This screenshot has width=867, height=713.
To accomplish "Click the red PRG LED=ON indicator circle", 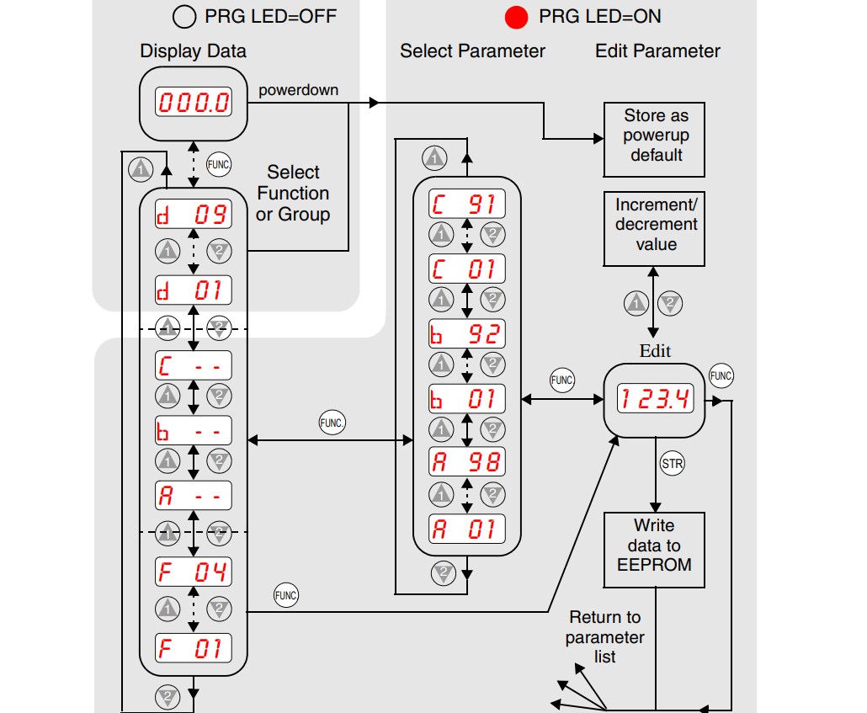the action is [x=516, y=17].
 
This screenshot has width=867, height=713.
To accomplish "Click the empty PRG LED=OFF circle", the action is [x=184, y=17].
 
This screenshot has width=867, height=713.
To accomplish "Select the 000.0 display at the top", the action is [x=193, y=103].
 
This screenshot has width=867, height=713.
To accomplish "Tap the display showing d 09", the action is [x=193, y=214].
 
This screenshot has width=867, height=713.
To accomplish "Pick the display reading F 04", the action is [x=193, y=572].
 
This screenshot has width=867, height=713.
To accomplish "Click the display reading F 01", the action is [x=193, y=647].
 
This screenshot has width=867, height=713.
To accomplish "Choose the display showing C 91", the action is [x=467, y=204].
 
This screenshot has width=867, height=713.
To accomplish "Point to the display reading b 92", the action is [x=467, y=334].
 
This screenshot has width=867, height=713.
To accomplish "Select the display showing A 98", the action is [x=467, y=462].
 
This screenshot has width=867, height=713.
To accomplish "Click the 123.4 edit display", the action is [x=655, y=398].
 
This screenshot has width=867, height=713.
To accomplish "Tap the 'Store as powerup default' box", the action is [x=654, y=140].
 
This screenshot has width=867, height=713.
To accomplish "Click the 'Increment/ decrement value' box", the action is [x=654, y=229].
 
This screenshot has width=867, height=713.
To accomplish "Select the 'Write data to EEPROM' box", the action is [x=654, y=550].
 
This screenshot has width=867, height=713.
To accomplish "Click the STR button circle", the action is [x=673, y=464].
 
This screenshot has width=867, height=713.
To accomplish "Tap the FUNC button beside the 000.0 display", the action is [x=218, y=164].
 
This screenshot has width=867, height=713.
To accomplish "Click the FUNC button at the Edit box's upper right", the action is [x=721, y=376].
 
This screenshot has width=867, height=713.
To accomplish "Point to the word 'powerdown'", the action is [x=299, y=90].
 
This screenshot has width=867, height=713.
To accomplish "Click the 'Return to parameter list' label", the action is [x=605, y=636].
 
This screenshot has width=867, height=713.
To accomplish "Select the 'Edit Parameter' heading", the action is [x=657, y=51].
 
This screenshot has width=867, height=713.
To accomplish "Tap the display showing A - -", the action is [x=193, y=496].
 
